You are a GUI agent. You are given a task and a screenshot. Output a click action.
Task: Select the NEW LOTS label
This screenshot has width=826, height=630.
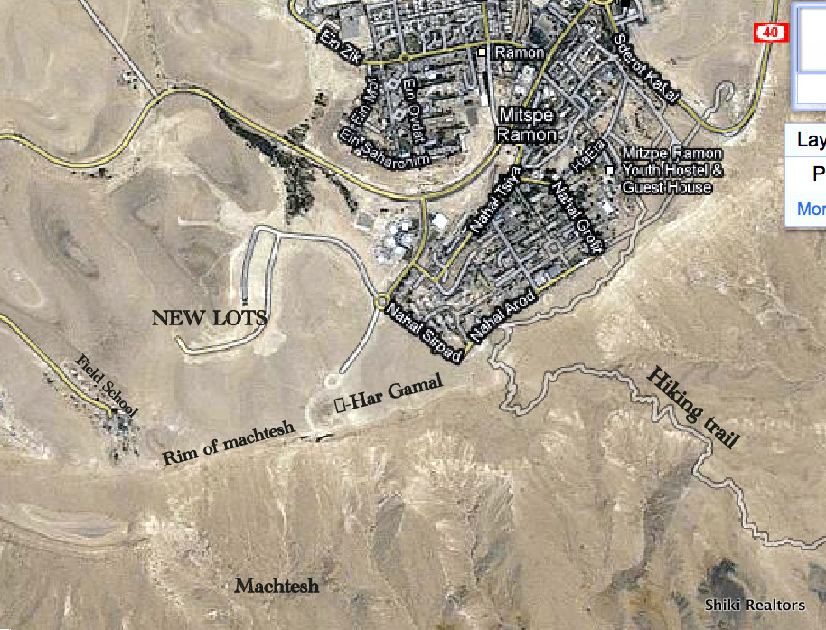click(209, 318)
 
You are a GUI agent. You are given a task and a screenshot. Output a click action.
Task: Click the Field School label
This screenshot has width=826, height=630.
click(107, 384)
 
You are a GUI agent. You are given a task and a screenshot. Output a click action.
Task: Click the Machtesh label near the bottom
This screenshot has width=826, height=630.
click(277, 586)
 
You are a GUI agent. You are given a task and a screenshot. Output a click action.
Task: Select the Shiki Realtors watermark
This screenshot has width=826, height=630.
click(756, 605)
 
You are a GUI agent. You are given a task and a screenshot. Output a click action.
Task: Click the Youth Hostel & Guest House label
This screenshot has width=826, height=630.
click(672, 171)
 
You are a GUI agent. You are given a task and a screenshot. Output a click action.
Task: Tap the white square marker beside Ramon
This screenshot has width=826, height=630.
click(483, 53)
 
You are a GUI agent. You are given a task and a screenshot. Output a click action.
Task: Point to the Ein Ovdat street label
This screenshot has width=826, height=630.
click(413, 110)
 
